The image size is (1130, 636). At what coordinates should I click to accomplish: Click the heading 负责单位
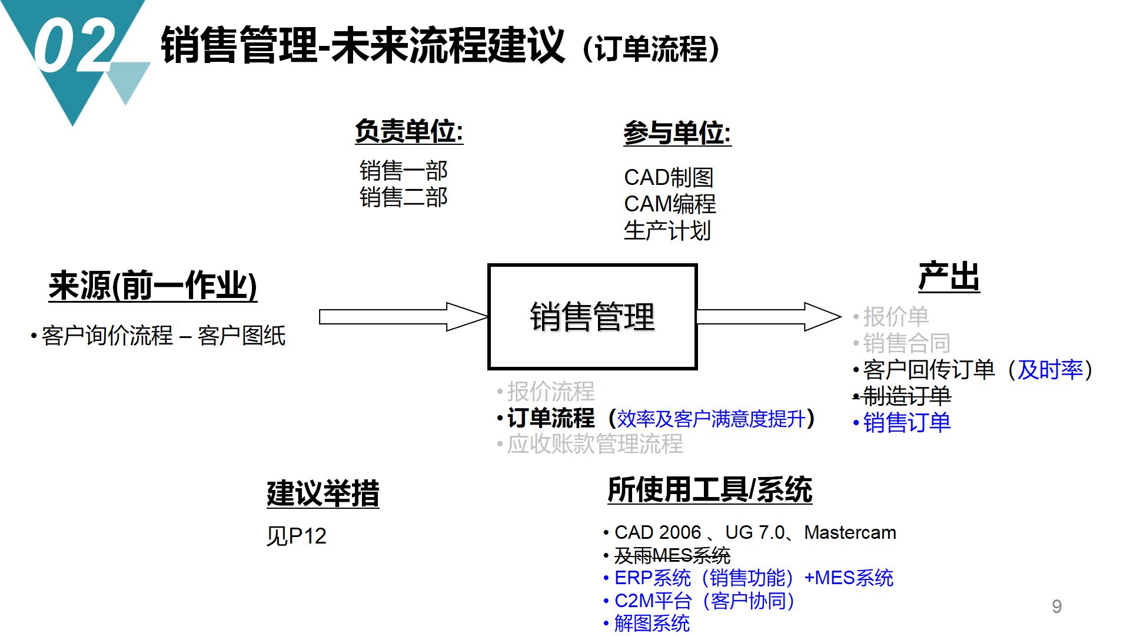click(408, 131)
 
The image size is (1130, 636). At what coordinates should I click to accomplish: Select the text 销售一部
click(403, 171)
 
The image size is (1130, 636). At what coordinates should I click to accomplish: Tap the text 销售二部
click(403, 197)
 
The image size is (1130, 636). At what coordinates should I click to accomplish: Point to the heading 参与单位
click(677, 133)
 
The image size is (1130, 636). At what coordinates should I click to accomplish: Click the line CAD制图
click(669, 177)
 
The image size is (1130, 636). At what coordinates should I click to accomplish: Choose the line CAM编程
click(670, 204)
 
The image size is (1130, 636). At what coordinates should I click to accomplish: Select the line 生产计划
click(667, 231)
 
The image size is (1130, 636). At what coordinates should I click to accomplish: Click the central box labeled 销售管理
click(592, 317)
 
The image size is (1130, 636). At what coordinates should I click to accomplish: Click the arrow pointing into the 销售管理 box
click(403, 317)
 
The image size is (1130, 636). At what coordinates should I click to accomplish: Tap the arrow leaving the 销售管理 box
click(768, 317)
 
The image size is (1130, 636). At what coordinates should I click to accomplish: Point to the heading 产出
click(949, 277)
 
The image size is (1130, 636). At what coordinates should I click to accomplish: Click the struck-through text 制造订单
click(906, 396)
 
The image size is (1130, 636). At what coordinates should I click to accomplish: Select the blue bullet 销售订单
click(906, 423)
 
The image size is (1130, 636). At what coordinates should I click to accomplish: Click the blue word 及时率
click(1050, 370)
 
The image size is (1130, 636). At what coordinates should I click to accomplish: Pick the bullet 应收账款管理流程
click(594, 444)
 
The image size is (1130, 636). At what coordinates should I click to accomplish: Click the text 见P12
click(296, 536)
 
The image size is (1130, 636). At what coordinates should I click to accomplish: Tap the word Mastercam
click(850, 532)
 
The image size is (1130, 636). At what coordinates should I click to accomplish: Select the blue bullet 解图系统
click(652, 624)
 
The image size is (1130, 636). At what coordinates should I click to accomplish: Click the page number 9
click(1056, 607)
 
